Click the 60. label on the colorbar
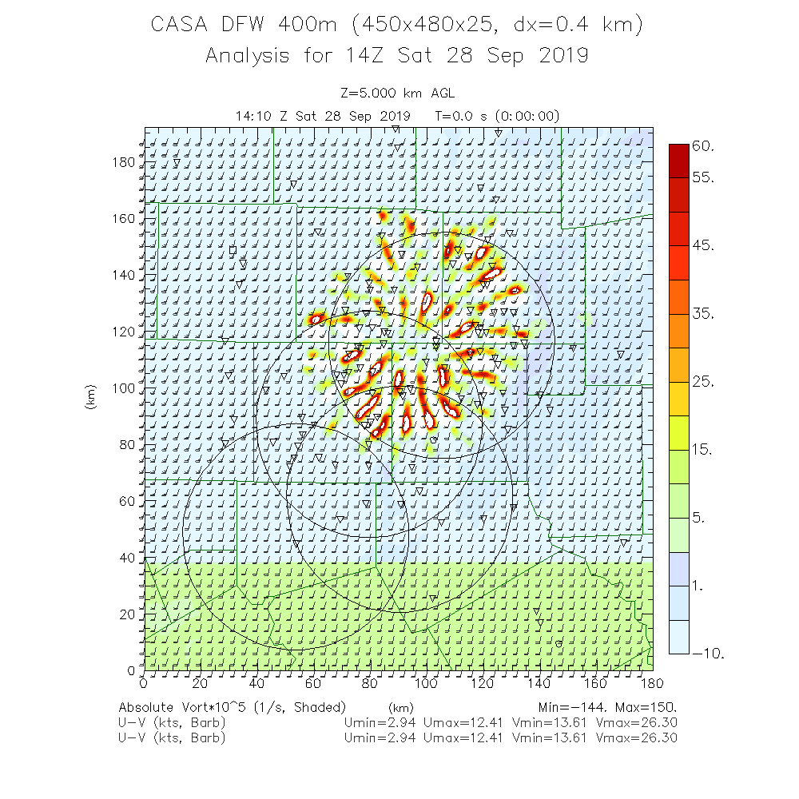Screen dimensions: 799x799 coord(703,146)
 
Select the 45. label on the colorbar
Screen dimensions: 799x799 coord(703,245)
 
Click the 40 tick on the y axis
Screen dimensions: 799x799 coord(126,558)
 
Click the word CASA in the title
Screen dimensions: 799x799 coord(182,25)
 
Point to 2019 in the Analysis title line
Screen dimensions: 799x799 coord(560,56)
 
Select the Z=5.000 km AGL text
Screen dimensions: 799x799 coord(397,93)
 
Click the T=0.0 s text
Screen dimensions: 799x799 coord(466,116)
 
